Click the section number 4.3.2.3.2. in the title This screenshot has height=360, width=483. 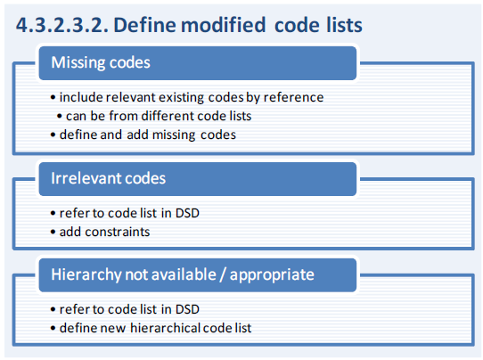pyautogui.click(x=61, y=25)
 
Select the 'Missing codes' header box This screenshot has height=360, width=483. pyautogui.click(x=198, y=63)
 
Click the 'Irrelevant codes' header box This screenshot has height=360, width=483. pyautogui.click(x=198, y=179)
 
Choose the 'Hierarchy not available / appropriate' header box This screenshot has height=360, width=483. pyautogui.click(x=198, y=275)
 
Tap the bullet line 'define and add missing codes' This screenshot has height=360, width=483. pyautogui.click(x=148, y=135)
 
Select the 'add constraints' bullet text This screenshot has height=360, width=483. pyautogui.click(x=104, y=232)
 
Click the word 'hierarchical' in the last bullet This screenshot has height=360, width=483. pyautogui.click(x=165, y=328)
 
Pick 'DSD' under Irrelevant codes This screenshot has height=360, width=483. pyautogui.click(x=187, y=213)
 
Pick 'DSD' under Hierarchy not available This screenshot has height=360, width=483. pyautogui.click(x=187, y=309)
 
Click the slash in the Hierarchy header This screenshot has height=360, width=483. pyautogui.click(x=223, y=274)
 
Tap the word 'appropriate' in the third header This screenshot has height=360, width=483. pyautogui.click(x=272, y=275)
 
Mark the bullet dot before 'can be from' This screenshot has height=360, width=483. pyautogui.click(x=60, y=117)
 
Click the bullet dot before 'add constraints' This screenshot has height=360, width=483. pyautogui.click(x=53, y=233)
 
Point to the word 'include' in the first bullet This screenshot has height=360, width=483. pyautogui.click(x=81, y=97)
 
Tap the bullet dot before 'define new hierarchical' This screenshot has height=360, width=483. pyautogui.click(x=53, y=328)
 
